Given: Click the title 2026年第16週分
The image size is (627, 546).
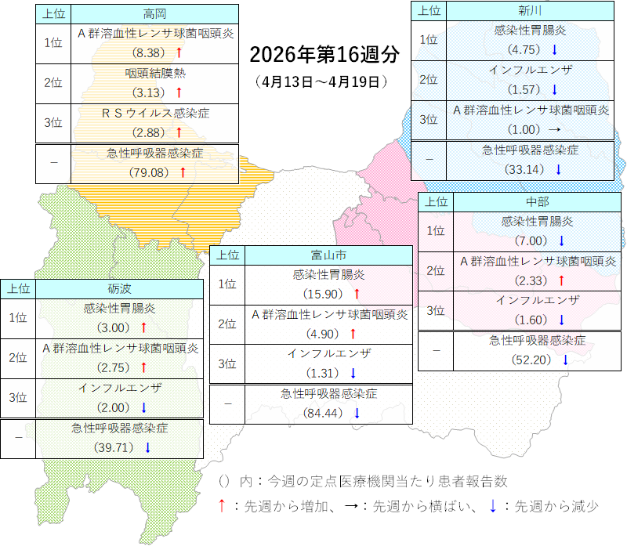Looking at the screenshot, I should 324,56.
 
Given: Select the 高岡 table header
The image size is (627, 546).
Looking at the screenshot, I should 154,13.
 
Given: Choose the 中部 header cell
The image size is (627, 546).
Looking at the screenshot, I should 537,201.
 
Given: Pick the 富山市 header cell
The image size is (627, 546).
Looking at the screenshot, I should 328,255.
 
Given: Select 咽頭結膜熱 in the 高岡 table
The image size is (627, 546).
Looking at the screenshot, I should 154,74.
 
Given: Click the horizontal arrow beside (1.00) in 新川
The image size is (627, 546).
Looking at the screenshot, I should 554,130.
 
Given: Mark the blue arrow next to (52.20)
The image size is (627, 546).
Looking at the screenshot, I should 564,360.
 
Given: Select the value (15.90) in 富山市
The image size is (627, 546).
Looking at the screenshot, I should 324,295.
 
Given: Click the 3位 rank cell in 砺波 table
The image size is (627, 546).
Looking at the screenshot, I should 18,397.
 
